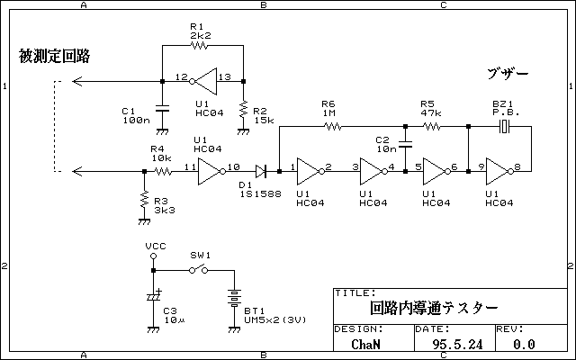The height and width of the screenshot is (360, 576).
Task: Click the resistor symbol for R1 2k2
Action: (199, 46)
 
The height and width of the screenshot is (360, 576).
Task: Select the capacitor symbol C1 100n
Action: (162, 108)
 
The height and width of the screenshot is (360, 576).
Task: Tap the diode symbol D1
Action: (261, 171)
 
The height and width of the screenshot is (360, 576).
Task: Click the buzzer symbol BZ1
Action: (505, 126)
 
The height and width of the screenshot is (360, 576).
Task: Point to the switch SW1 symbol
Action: (198, 270)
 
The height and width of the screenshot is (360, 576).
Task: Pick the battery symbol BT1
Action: (234, 298)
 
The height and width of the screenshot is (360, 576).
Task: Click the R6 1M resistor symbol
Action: (333, 126)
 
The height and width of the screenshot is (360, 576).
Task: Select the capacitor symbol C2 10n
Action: (405, 144)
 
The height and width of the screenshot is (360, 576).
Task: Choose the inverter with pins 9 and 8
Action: (499, 171)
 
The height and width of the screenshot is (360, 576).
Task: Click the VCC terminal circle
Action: (154, 256)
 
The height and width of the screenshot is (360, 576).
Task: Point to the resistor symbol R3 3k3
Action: (144, 199)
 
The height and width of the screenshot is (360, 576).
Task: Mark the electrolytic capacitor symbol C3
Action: (154, 296)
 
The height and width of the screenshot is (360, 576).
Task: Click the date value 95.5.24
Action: (457, 344)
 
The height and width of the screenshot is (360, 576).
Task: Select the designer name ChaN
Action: (365, 344)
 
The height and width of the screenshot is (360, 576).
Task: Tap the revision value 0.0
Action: (524, 344)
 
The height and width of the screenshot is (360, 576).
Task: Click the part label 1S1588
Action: (261, 194)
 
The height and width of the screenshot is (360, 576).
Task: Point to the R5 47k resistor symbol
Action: (432, 126)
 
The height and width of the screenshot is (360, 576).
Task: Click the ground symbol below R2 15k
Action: (243, 131)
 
